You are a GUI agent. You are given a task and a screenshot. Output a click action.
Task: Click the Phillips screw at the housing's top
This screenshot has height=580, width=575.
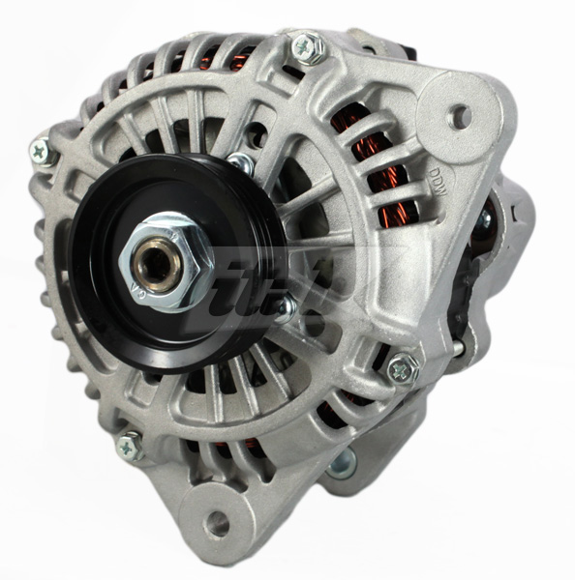point(307,45)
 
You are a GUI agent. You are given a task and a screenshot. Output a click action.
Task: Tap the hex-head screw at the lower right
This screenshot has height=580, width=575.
point(403,367)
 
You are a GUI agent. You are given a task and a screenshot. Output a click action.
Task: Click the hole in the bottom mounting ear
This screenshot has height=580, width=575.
point(219,525)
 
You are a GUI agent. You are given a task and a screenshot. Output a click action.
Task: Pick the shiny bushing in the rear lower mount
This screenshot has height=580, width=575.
point(341,466)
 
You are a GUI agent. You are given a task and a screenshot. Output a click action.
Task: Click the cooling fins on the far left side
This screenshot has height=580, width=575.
point(48,280)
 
